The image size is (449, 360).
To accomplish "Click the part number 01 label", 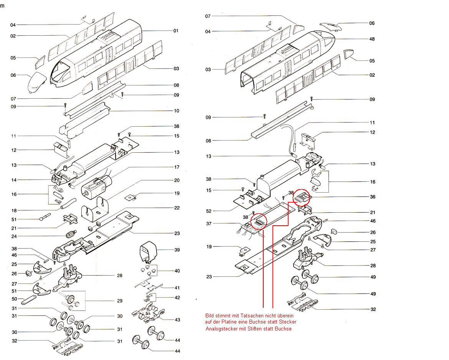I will [176, 31].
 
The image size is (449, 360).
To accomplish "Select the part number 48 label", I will [372, 39].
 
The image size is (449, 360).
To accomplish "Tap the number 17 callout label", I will [177, 167].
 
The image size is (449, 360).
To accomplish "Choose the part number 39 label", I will [177, 250].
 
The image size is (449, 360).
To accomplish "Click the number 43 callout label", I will [177, 320].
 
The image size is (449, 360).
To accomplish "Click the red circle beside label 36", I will [301, 198].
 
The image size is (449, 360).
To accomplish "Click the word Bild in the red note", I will [210, 315].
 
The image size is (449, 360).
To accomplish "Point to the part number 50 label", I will [14, 299].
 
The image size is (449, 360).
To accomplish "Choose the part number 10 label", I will [177, 111].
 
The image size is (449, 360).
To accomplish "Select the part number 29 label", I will [120, 301].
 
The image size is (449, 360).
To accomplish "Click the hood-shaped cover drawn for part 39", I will [149, 250].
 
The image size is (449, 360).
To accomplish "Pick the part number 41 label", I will [177, 287].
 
